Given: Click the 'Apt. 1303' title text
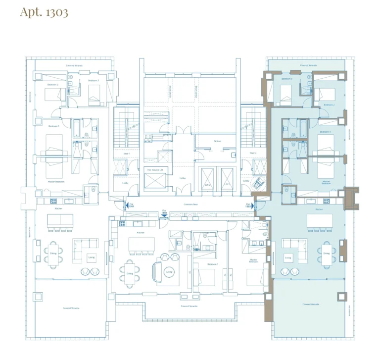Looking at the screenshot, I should pyautogui.click(x=44, y=12).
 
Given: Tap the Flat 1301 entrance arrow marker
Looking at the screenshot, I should pyautogui.click(x=128, y=205).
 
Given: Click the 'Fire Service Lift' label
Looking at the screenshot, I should pyautogui.click(x=155, y=170).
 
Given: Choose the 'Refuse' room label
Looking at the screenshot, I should pyautogui.click(x=217, y=141).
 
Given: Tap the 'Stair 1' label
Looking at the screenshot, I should pyautogui.click(x=126, y=154).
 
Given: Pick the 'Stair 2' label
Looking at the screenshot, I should pyautogui.click(x=253, y=154).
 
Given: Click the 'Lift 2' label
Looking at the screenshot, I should pyautogui.click(x=208, y=185).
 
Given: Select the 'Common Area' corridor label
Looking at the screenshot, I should pyautogui.click(x=190, y=204).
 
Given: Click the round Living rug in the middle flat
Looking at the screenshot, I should pyautogui.click(x=168, y=271).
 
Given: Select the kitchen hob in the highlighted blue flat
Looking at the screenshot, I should pyautogui.click(x=327, y=201).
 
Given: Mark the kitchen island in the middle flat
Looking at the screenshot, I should pyautogui.click(x=142, y=244).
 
